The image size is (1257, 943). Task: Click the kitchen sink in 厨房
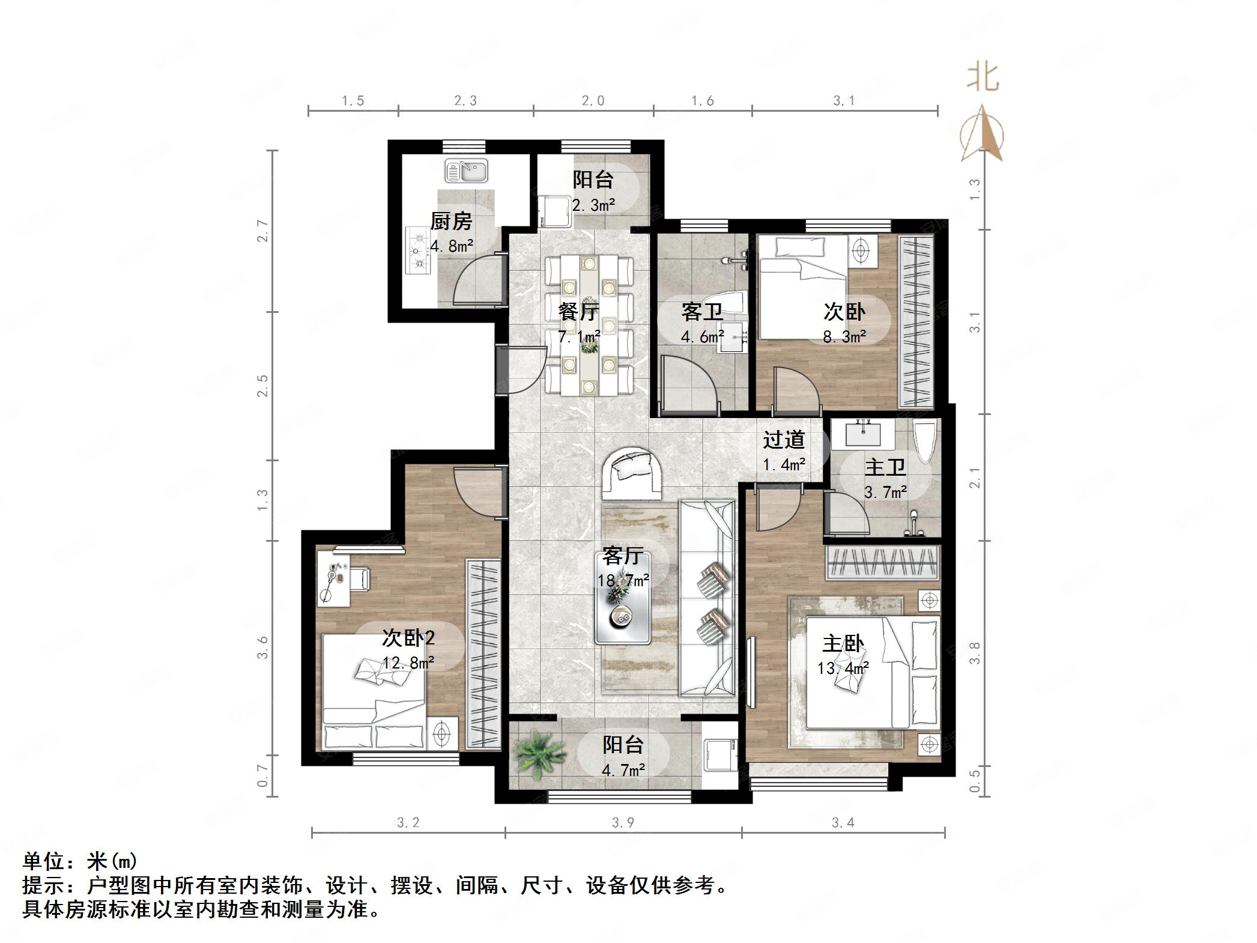click(x=466, y=171)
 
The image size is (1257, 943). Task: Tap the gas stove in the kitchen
click(x=418, y=250)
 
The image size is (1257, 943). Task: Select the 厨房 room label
click(x=451, y=222)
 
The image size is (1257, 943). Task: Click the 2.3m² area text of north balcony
click(x=593, y=205)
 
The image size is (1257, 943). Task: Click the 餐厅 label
click(x=578, y=312)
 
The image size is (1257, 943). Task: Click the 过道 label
click(x=784, y=440)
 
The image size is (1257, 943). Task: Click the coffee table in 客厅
click(x=623, y=598)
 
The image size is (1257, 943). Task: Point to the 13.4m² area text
click(x=843, y=668)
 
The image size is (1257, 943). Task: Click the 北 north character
click(x=983, y=78)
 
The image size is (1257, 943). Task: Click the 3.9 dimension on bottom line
click(x=623, y=823)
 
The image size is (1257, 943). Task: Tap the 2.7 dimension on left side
click(x=262, y=231)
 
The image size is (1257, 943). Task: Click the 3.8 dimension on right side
click(x=975, y=653)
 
